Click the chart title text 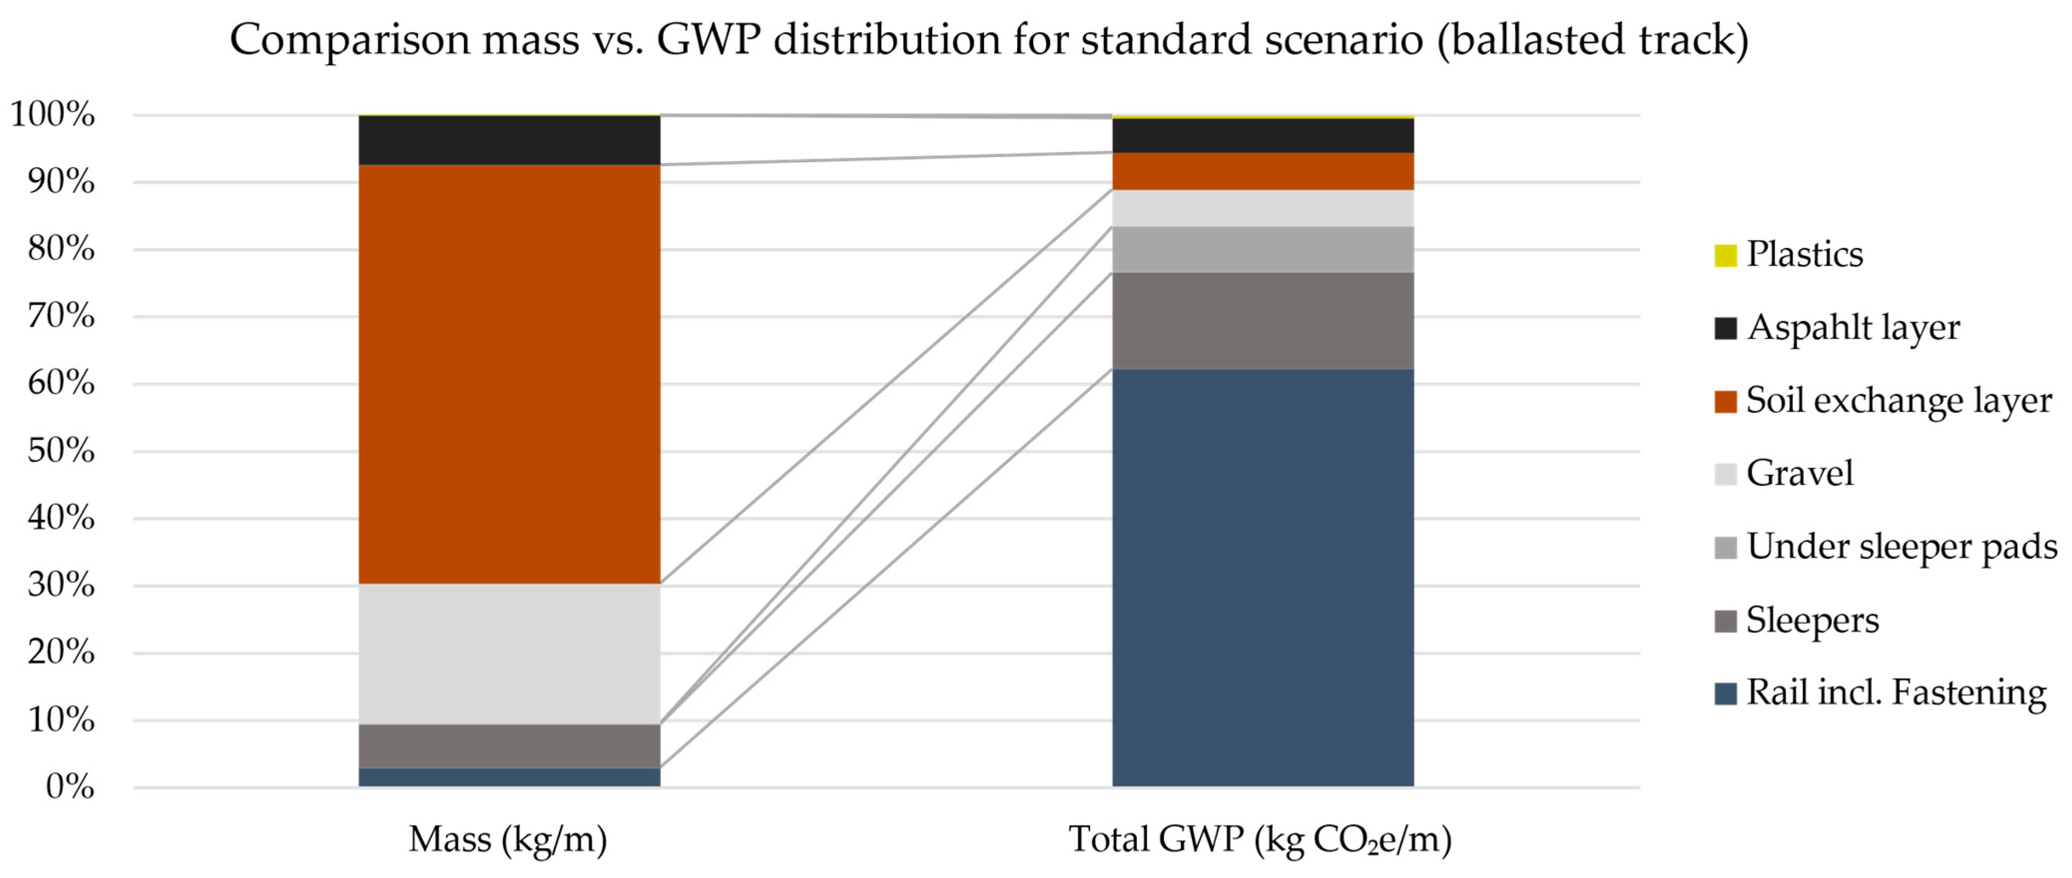989,40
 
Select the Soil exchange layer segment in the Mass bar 509,374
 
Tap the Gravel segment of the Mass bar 509,654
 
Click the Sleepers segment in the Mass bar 509,746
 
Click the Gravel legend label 1800,473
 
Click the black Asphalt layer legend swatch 1725,328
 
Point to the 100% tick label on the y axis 53,115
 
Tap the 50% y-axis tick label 61,451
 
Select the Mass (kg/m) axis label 508,840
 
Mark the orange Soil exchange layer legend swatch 1725,401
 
